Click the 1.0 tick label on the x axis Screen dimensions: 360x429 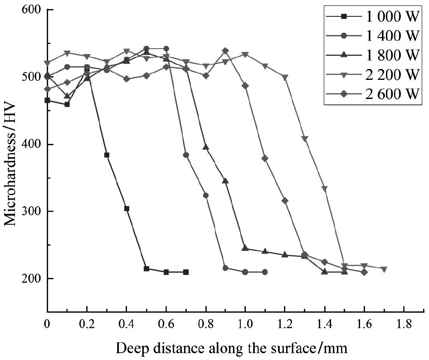[245, 325]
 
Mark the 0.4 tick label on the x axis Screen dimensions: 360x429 [127, 325]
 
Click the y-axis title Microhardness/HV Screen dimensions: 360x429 [11, 162]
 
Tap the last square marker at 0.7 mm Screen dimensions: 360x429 [186, 272]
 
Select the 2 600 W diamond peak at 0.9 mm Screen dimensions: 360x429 [225, 51]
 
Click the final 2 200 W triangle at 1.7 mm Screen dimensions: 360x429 [384, 269]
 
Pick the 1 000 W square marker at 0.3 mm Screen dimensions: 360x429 [107, 155]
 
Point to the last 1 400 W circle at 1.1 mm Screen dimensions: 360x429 [265, 272]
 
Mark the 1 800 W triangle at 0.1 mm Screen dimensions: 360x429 [67, 96]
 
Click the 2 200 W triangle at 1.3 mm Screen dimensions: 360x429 [305, 139]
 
